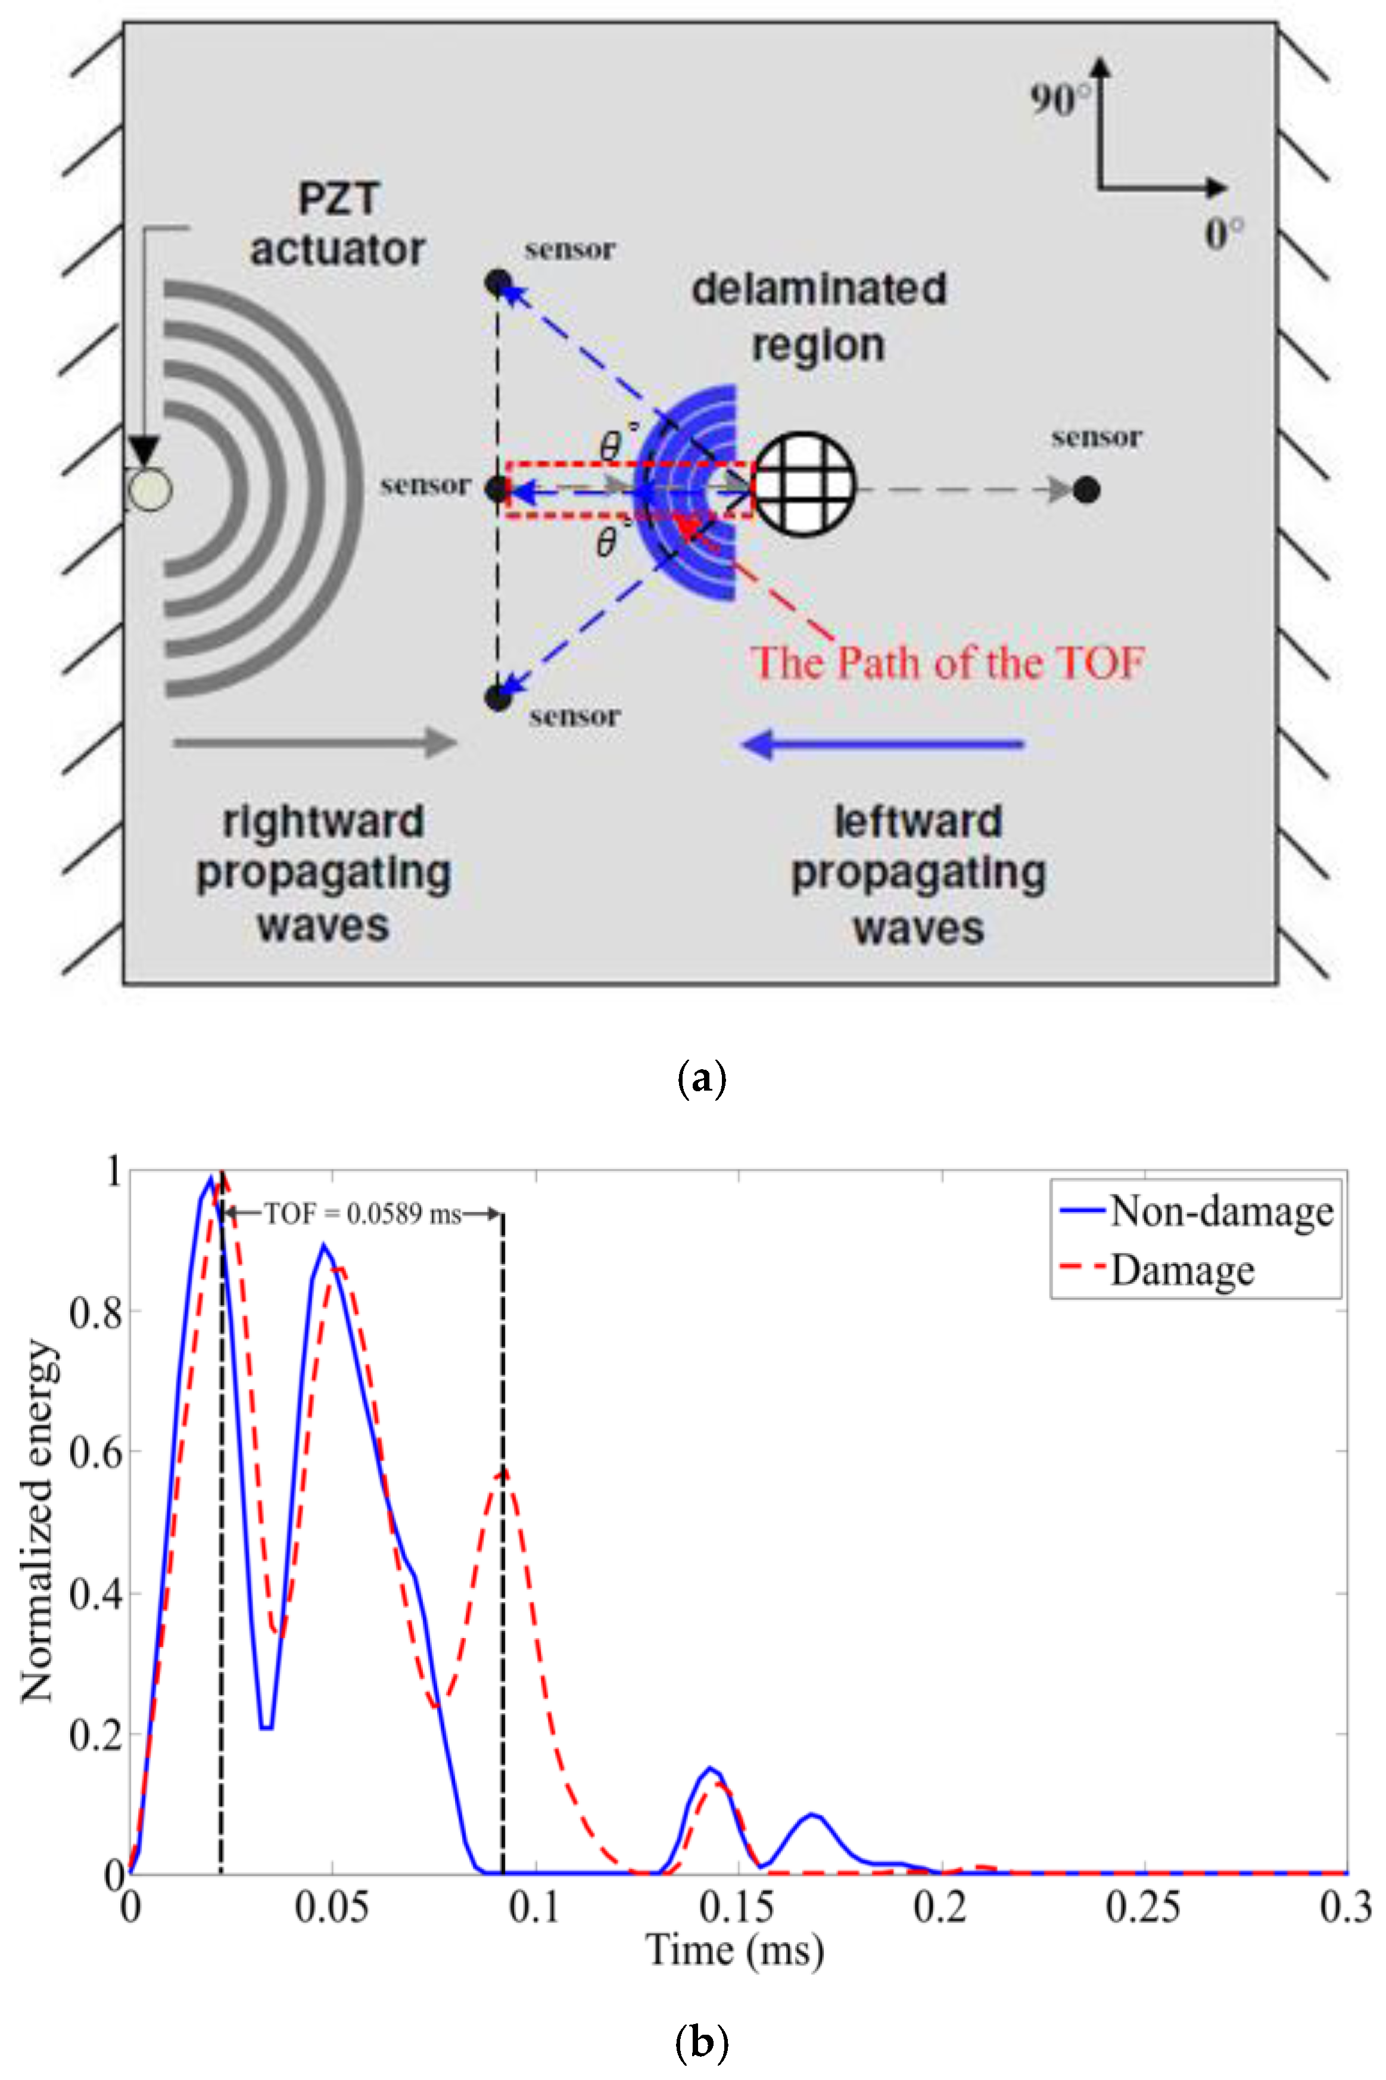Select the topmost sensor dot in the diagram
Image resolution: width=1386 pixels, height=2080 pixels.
(498, 284)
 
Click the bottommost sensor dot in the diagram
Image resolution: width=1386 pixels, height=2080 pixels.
(498, 698)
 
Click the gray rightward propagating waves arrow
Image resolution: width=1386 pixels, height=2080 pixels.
(314, 743)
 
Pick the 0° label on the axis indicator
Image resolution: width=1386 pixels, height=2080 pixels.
(1224, 234)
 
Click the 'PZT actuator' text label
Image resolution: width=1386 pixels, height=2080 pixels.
(338, 225)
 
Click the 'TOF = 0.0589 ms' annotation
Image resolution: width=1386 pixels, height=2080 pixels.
(362, 1215)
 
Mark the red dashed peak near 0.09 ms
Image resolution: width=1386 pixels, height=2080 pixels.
(503, 1471)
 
